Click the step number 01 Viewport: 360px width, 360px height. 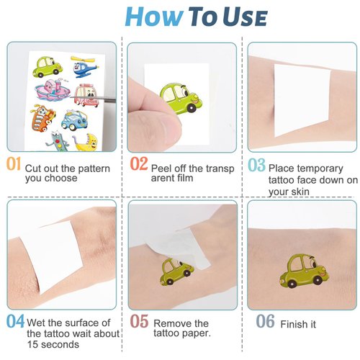tap(14, 164)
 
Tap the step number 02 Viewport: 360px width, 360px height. tap(139, 164)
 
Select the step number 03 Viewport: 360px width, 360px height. tap(256, 165)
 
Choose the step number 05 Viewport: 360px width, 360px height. tap(140, 321)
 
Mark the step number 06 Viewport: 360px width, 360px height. tap(265, 321)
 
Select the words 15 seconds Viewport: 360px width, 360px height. tap(54, 344)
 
